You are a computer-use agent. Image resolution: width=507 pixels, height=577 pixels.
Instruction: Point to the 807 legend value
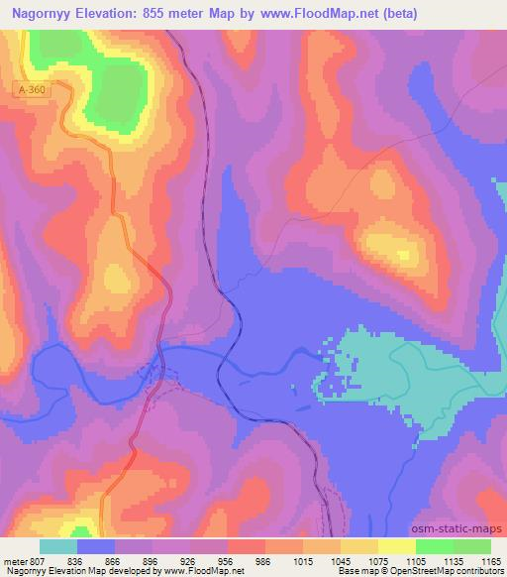(35, 560)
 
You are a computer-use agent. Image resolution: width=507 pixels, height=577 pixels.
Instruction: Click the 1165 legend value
(491, 560)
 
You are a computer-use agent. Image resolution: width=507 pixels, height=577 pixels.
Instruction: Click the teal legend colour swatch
(58, 546)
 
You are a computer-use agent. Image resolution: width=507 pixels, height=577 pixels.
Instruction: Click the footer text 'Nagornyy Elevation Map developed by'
(60, 571)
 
